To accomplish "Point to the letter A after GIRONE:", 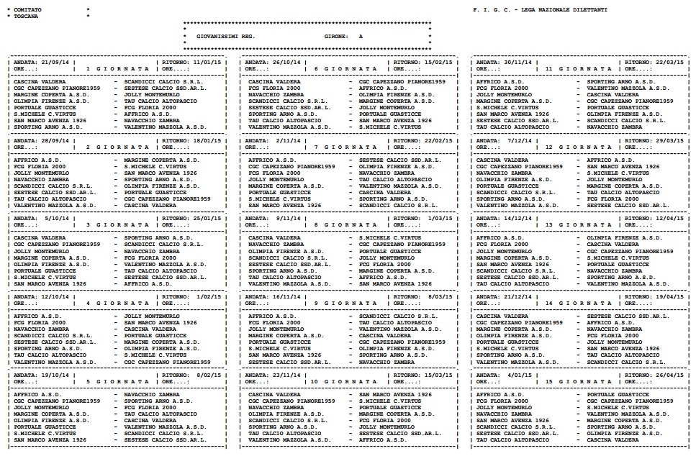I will (x=361, y=35).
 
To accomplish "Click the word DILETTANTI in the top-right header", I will (x=586, y=9).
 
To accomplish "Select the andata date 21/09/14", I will (x=55, y=62).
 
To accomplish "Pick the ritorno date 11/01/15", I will (x=207, y=62).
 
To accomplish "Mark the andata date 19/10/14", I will (x=55, y=375).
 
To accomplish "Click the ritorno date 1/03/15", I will (x=439, y=218).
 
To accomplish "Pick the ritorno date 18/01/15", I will (x=207, y=140).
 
